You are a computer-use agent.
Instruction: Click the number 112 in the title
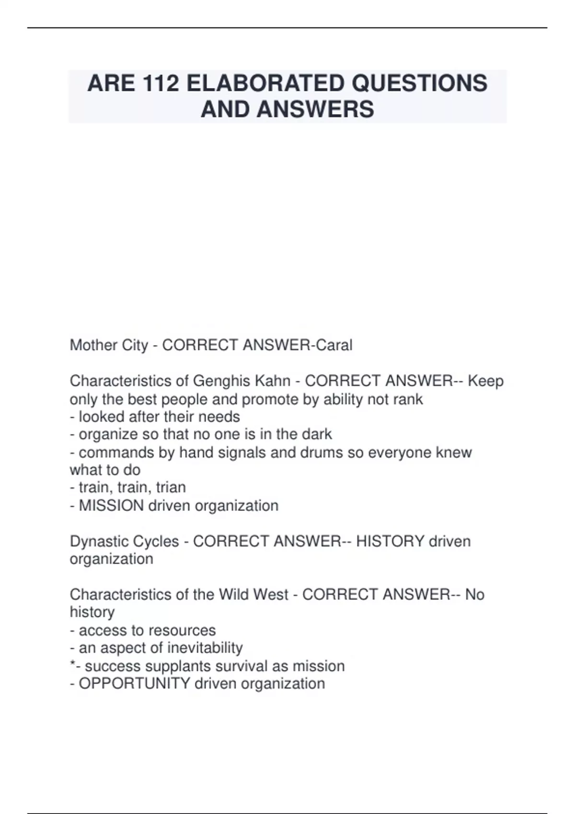pyautogui.click(x=160, y=83)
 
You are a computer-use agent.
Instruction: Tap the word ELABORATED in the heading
pyautogui.click(x=265, y=83)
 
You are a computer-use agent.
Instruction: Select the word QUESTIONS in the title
pyautogui.click(x=419, y=83)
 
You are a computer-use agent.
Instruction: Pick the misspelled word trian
pyautogui.click(x=171, y=487)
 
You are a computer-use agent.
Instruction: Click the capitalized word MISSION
pyautogui.click(x=111, y=505)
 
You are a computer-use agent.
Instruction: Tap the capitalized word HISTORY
pyautogui.click(x=390, y=541)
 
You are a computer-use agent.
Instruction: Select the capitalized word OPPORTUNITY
pyautogui.click(x=135, y=683)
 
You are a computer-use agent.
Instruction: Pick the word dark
pyautogui.click(x=317, y=434)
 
